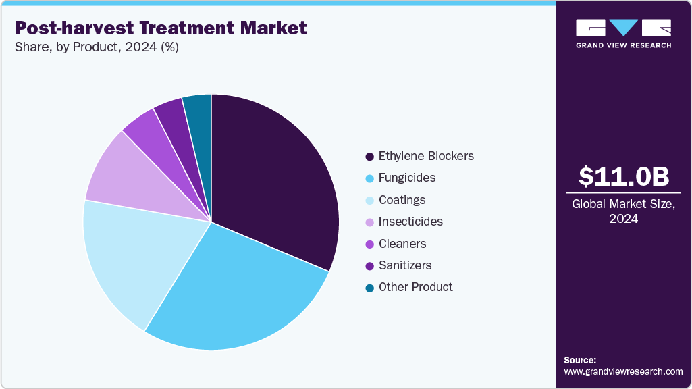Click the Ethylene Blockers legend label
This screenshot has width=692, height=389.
[x=426, y=156]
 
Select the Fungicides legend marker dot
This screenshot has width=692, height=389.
[x=369, y=178]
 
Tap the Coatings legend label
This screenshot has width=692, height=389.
[x=402, y=200]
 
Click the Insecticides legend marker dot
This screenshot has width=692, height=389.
[x=369, y=222]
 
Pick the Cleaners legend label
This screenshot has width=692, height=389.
[x=402, y=244]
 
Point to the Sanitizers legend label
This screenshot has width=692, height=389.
[x=405, y=265]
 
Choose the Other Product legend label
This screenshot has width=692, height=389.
[x=416, y=287]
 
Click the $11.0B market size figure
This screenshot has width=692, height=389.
[x=624, y=176]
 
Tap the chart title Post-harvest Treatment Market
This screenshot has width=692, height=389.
[x=161, y=28]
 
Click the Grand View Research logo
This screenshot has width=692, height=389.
[x=623, y=33]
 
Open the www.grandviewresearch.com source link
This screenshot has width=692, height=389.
[x=623, y=371]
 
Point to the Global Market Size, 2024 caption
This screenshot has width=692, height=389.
[x=623, y=211]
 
